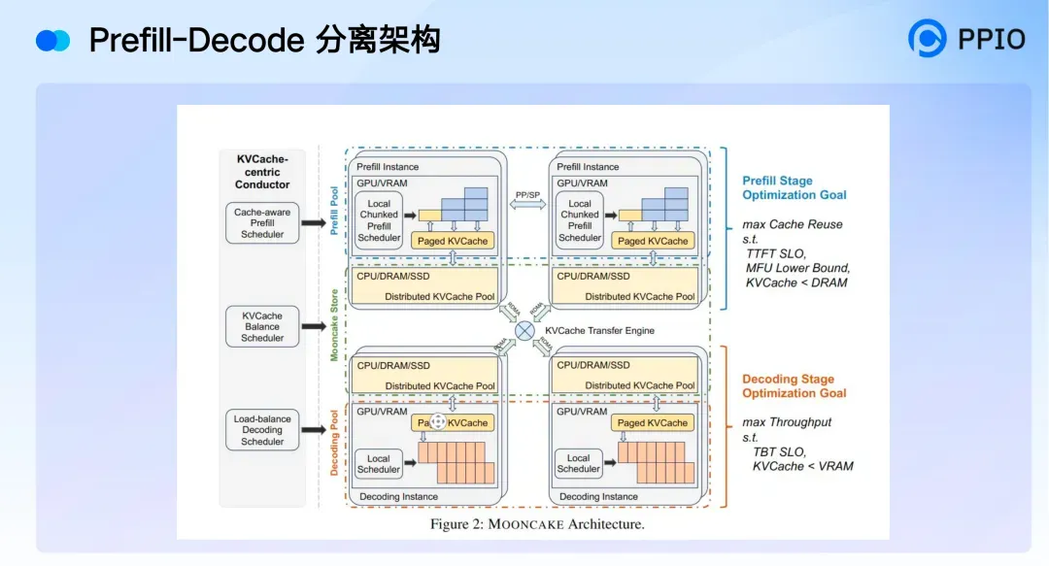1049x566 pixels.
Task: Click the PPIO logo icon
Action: (927, 39)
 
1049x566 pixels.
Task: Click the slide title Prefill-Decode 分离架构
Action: (264, 40)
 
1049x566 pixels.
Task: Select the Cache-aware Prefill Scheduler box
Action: (262, 223)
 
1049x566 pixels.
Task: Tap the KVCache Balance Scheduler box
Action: (262, 327)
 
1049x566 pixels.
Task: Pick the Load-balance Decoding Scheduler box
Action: (262, 430)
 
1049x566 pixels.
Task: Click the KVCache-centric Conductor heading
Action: (262, 172)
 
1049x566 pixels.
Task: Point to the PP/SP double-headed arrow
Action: (528, 207)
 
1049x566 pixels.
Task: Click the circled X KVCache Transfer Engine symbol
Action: (524, 331)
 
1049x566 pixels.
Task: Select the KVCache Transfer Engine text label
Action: (599, 331)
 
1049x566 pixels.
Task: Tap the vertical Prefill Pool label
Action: (335, 211)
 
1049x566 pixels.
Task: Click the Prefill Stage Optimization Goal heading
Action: (794, 187)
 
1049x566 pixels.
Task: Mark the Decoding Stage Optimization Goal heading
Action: (794, 386)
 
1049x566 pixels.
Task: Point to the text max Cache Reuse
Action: (792, 224)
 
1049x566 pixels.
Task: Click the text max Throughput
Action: (787, 422)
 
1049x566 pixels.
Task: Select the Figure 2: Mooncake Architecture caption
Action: (537, 524)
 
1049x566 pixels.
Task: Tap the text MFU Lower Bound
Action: (797, 268)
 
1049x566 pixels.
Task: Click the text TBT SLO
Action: (779, 452)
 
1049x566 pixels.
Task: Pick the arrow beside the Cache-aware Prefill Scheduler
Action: (314, 223)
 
